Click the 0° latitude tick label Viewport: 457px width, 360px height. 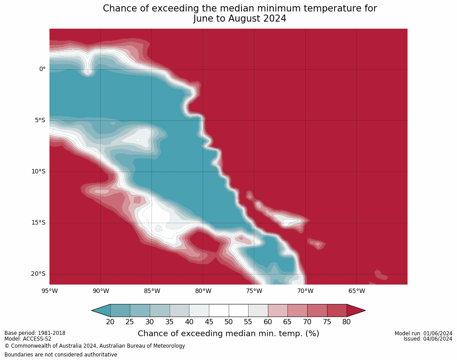(42, 69)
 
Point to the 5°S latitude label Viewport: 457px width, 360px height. (40, 120)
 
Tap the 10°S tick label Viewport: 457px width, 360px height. (38, 172)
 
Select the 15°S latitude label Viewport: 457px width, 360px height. (38, 223)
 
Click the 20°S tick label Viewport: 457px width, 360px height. (38, 274)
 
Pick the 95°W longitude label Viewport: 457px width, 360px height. (49, 291)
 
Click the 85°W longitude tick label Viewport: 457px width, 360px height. (152, 291)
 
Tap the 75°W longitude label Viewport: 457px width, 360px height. (254, 291)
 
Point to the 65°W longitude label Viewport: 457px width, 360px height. (357, 291)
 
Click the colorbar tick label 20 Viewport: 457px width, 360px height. (110, 322)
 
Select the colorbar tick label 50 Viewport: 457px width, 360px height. (229, 322)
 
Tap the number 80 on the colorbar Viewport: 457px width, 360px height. (347, 322)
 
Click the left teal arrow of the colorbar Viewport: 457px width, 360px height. (102, 311)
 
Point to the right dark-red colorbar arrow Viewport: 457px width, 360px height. (355, 311)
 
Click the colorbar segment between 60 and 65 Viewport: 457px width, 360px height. (278, 311)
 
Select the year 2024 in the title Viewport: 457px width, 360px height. (275, 19)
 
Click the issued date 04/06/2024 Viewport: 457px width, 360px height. (438, 339)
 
